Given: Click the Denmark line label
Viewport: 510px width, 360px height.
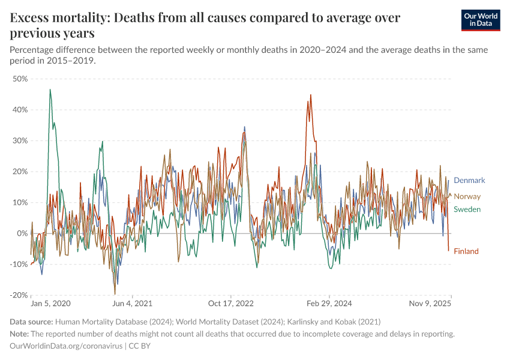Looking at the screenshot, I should [x=469, y=180].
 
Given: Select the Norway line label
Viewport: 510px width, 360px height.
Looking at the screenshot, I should [x=467, y=196].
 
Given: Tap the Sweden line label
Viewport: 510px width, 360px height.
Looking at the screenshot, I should [x=467, y=209].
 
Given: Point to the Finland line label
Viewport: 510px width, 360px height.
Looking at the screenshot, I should [x=466, y=251].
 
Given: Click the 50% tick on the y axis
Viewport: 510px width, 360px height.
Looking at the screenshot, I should [x=20, y=79].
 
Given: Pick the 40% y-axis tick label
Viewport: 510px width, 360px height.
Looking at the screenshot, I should [x=20, y=110].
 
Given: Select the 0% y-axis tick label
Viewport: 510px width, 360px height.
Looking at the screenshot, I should [x=23, y=233].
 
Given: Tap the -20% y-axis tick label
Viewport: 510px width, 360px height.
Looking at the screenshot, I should [x=19, y=295].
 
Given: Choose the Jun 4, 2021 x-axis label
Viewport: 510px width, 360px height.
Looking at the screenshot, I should [x=133, y=304].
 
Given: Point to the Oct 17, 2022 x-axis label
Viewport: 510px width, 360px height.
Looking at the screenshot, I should [x=232, y=304].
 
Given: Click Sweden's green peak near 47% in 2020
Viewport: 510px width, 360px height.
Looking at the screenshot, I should [x=50, y=89].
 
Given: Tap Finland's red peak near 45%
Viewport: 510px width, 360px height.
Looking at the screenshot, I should [x=311, y=95].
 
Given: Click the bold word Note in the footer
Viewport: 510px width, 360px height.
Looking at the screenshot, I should [x=21, y=334].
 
